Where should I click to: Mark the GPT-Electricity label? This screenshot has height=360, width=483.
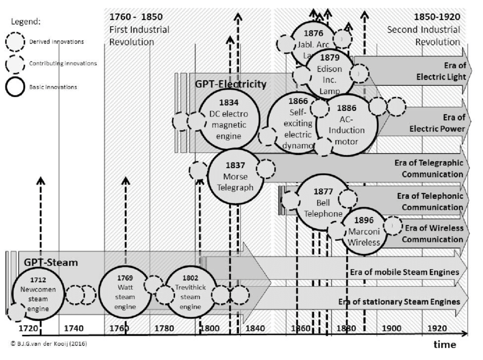tap(230, 84)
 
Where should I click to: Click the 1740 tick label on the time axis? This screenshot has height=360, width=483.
tap(73, 329)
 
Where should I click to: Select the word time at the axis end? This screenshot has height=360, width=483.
tap(445, 345)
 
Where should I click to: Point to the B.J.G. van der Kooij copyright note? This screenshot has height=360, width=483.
tap(48, 344)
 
